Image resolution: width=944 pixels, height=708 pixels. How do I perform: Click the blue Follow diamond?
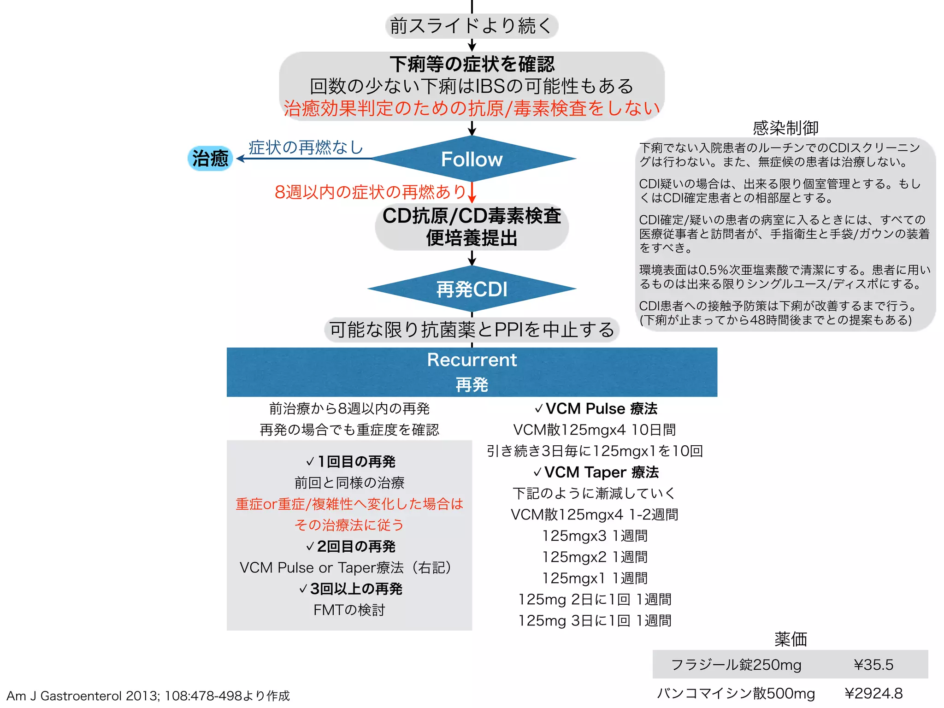pyautogui.click(x=472, y=159)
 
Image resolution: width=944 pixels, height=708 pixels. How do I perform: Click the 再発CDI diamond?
pyautogui.click(x=472, y=289)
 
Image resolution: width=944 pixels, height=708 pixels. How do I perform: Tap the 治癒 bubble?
pyautogui.click(x=210, y=158)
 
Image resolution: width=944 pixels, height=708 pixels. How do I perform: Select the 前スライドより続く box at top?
pyautogui.click(x=472, y=26)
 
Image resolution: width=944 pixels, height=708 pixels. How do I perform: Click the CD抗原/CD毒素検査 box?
pyautogui.click(x=472, y=227)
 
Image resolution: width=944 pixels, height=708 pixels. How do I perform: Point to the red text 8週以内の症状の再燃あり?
pyautogui.click(x=370, y=192)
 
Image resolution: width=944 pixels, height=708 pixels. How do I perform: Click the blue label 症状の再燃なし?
pyautogui.click(x=306, y=147)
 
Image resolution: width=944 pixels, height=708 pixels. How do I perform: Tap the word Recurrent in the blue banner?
pyautogui.click(x=472, y=360)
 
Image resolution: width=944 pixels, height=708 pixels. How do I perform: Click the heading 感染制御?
pyautogui.click(x=785, y=128)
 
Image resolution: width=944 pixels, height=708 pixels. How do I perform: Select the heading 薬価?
pyautogui.click(x=791, y=639)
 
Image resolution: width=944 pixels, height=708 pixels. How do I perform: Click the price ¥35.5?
pyautogui.click(x=873, y=665)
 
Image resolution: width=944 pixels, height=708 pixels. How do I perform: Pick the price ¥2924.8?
pyautogui.click(x=873, y=693)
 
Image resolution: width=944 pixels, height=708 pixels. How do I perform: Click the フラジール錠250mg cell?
pyautogui.click(x=736, y=665)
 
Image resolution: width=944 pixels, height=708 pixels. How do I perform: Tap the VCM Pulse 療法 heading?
pyautogui.click(x=596, y=408)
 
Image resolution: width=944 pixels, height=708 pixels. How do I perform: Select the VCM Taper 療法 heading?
pyautogui.click(x=596, y=472)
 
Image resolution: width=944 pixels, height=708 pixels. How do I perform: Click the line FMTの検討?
pyautogui.click(x=349, y=610)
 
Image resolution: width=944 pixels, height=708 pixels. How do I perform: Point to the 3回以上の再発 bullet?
pyautogui.click(x=351, y=589)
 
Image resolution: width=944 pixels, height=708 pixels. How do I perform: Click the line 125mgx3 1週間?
pyautogui.click(x=595, y=536)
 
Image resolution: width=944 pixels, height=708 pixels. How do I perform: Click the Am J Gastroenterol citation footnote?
pyautogui.click(x=148, y=696)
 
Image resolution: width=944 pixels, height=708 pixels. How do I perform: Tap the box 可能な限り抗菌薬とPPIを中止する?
pyautogui.click(x=472, y=330)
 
